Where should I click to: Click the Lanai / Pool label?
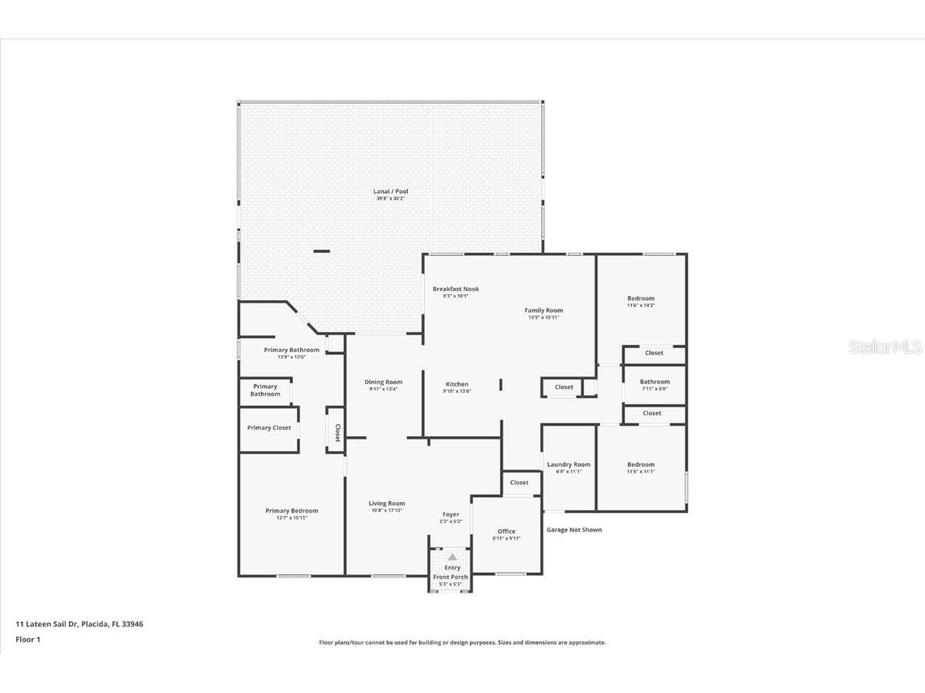(390, 192)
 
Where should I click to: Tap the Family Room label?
(544, 310)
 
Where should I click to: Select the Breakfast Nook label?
(455, 290)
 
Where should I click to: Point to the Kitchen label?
(456, 384)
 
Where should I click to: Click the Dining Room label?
(383, 383)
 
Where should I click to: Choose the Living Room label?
(386, 504)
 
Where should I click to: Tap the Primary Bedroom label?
(291, 511)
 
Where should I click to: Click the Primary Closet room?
(269, 428)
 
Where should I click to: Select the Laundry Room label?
(568, 464)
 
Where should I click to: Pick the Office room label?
(506, 531)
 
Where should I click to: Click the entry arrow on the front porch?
(452, 557)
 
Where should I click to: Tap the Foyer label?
(451, 515)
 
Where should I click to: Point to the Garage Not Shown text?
(574, 529)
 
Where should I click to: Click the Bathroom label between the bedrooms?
(654, 382)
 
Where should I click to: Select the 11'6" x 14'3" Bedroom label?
(641, 298)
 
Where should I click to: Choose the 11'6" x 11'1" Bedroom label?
(641, 464)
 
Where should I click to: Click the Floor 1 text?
(27, 639)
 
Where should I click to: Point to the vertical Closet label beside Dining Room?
(337, 433)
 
